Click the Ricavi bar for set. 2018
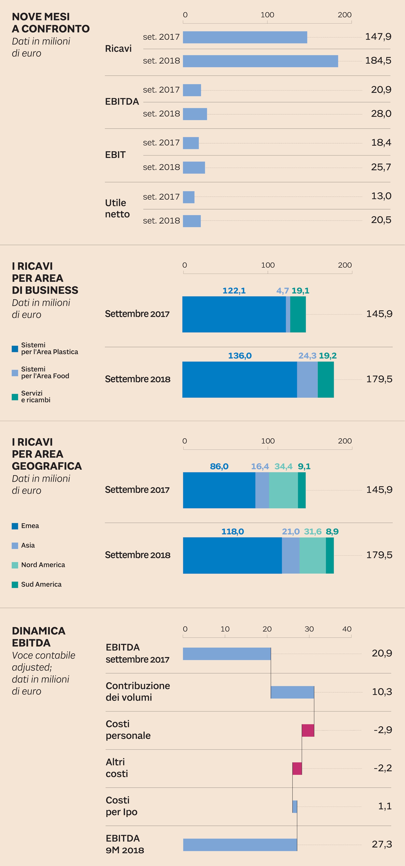point(260,61)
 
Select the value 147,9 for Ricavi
point(378,37)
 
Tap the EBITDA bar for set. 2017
point(192,90)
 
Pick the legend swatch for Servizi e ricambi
point(15,397)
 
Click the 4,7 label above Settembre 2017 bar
point(282,290)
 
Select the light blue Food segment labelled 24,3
point(307,379)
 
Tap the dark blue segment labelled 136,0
point(240,379)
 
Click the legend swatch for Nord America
point(15,565)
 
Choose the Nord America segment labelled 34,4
point(283,490)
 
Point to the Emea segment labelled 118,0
point(232,555)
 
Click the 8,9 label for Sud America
point(332,532)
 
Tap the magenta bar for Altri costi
point(297,768)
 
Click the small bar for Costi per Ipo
point(295,807)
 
